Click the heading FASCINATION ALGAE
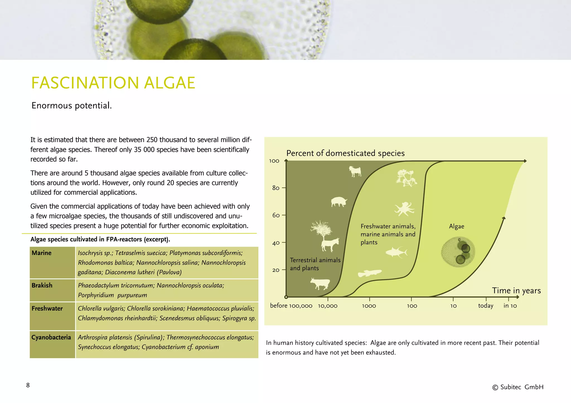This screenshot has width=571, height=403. (113, 83)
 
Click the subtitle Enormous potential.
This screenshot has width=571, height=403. (71, 106)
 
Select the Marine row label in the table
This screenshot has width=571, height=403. (42, 253)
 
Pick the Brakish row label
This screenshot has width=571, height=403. (42, 286)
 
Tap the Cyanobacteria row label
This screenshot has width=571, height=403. (51, 337)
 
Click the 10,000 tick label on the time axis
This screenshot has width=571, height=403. (328, 306)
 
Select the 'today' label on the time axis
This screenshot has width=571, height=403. (485, 306)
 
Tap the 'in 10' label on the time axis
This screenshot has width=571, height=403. (510, 306)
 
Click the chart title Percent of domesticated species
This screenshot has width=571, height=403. (345, 153)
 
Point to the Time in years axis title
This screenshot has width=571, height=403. (516, 291)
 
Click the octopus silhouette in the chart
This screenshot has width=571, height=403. (404, 209)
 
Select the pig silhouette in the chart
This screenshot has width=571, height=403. (339, 202)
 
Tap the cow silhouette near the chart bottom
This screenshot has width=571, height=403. (320, 284)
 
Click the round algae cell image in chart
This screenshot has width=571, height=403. (458, 252)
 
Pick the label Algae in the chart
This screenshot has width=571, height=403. (456, 227)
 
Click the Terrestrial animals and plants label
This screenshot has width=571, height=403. (315, 264)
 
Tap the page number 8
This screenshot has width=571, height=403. (28, 385)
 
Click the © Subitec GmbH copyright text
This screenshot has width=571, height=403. (518, 387)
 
